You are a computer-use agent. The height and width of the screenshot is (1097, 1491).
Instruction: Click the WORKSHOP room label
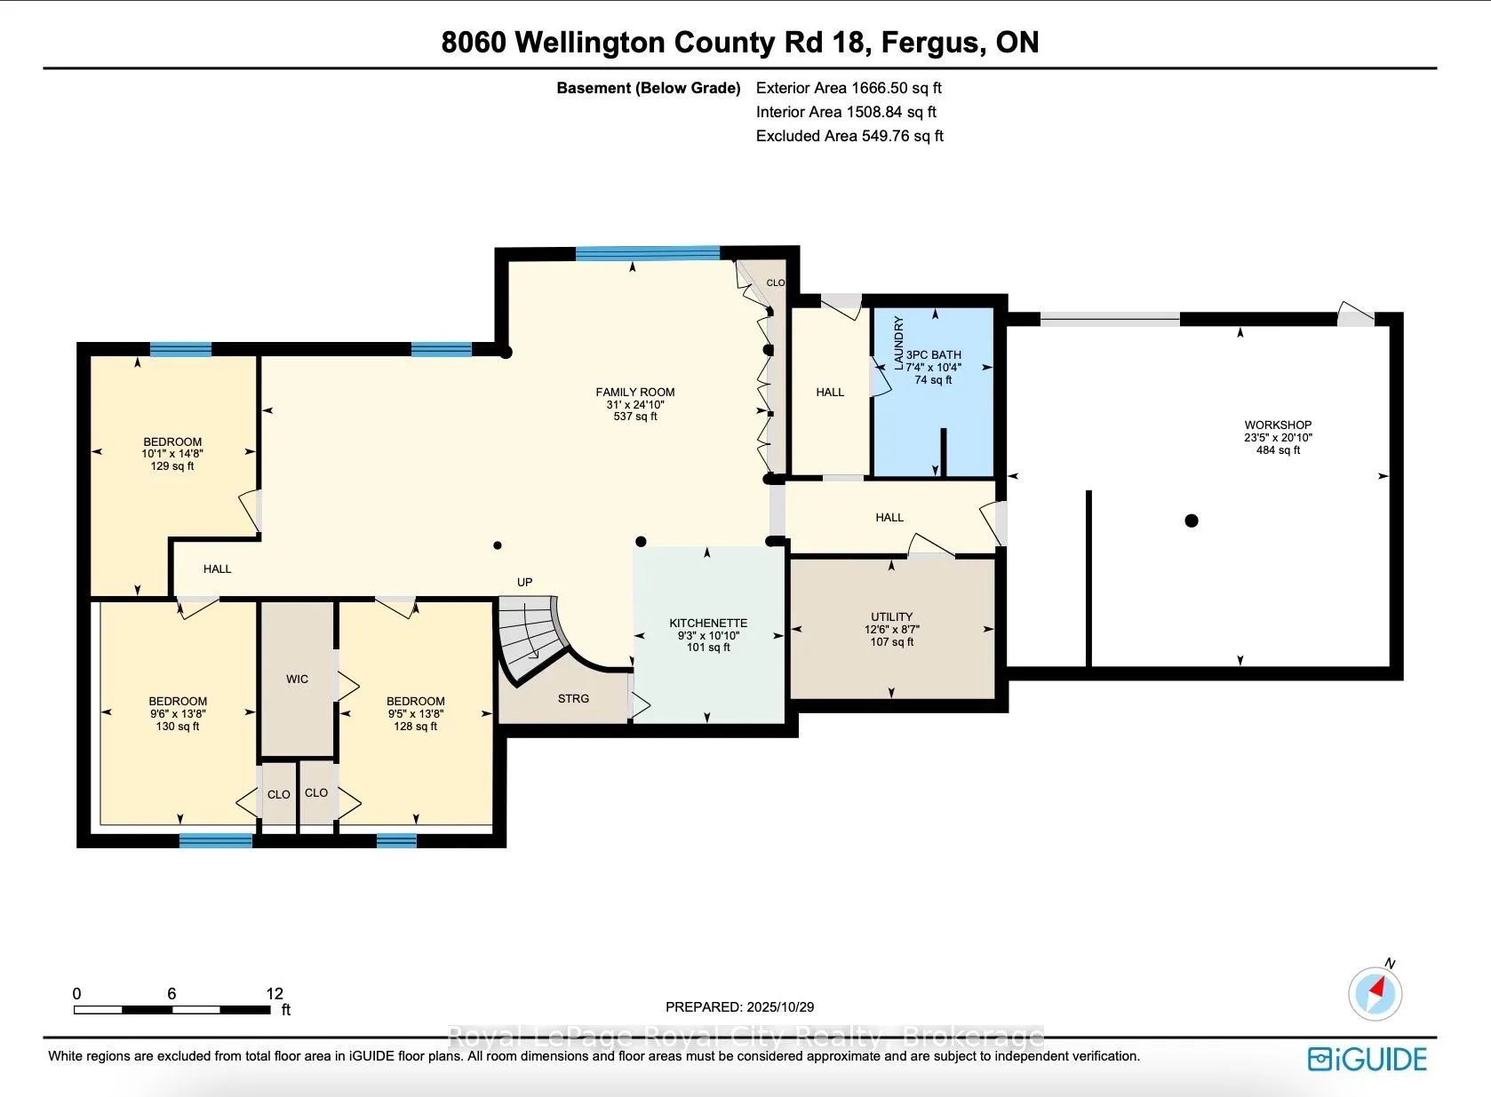(x=1278, y=425)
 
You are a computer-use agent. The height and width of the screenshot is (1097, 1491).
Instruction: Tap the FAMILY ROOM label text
(x=634, y=392)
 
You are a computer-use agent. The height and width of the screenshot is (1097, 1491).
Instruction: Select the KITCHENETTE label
(x=708, y=623)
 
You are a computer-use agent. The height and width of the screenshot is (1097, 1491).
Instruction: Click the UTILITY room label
(x=891, y=616)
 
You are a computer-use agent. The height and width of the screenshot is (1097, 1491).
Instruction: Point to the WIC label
(x=297, y=679)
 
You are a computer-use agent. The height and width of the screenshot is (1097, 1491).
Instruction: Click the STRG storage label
(x=573, y=698)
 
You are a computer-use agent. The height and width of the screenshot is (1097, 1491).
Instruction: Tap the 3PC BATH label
(x=934, y=354)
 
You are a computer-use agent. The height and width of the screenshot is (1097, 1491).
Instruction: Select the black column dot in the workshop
(x=1192, y=521)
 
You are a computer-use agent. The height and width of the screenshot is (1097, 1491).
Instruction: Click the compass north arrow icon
(x=1375, y=992)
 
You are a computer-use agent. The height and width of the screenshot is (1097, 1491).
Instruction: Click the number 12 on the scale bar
(x=275, y=993)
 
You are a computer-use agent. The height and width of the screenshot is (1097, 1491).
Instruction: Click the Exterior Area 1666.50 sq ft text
(x=849, y=88)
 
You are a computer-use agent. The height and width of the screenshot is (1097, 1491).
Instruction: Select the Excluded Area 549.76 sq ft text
(x=849, y=136)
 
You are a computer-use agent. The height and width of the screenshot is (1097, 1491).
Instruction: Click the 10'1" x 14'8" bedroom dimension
(x=172, y=453)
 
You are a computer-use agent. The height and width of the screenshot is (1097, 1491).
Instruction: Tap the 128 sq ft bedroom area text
(x=415, y=726)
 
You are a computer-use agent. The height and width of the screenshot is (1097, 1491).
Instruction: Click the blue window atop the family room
(x=647, y=253)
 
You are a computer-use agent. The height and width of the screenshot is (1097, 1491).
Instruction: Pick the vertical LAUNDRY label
(x=898, y=343)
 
